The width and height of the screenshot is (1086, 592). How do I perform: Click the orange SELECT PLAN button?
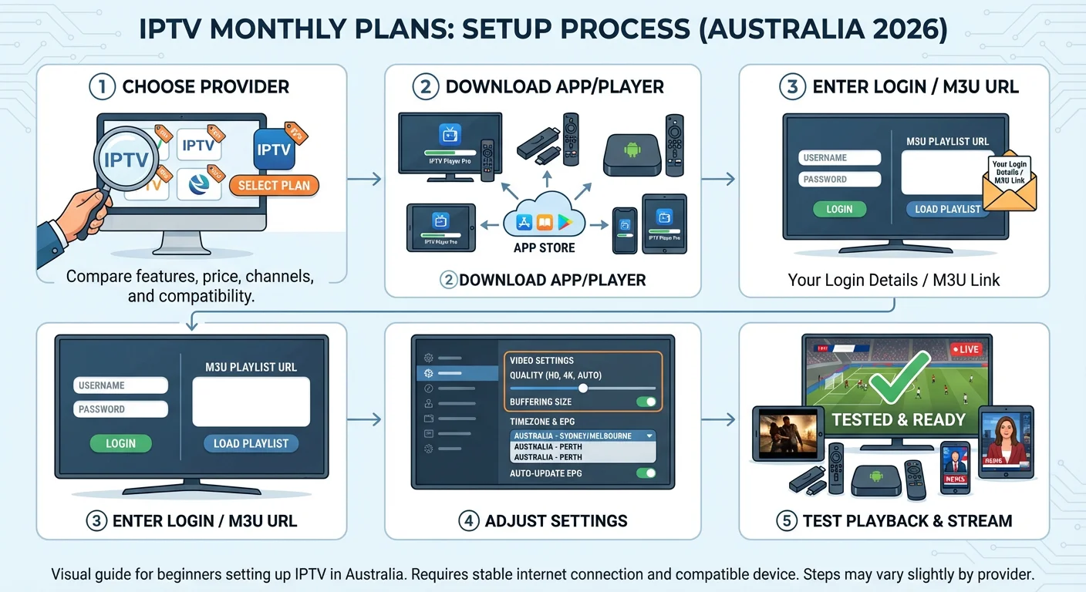(274, 185)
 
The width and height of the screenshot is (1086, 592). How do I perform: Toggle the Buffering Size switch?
(646, 402)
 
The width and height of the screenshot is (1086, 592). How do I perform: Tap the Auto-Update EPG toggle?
(646, 473)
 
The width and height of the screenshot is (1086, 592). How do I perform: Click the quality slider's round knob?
(583, 388)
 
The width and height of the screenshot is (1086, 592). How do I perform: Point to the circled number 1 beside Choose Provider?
(102, 86)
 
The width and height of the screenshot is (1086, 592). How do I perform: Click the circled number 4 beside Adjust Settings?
(468, 521)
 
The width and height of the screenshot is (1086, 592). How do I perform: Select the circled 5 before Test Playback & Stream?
(786, 521)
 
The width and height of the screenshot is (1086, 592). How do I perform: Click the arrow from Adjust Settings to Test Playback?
(719, 419)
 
